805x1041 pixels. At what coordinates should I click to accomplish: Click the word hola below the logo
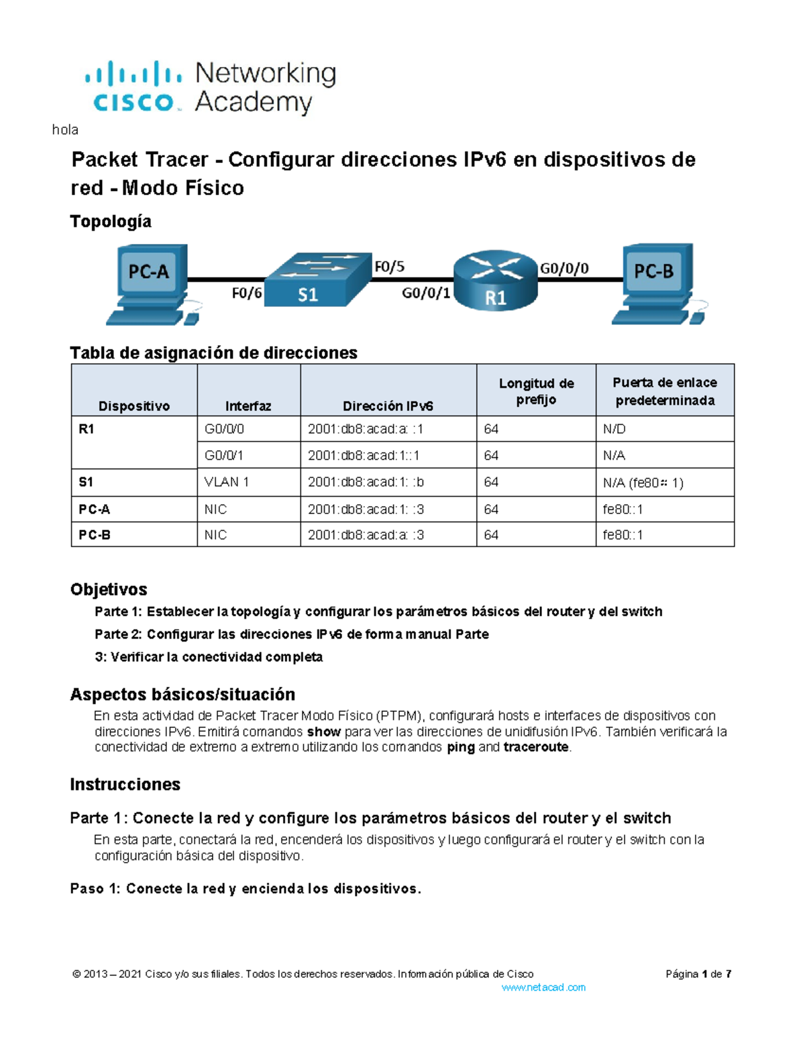pos(65,130)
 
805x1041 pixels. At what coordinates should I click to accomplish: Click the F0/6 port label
pos(247,294)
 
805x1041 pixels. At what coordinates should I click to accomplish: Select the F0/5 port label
pos(389,267)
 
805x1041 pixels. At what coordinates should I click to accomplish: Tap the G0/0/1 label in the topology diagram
pos(426,293)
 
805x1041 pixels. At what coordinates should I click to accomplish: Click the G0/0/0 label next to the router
pos(564,269)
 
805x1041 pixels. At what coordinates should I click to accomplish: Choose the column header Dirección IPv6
pos(388,406)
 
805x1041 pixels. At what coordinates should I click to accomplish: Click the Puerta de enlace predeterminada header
pos(665,391)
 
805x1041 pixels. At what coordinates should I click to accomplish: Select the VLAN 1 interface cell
pos(227,482)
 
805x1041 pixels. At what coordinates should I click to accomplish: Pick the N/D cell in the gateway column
pos(614,429)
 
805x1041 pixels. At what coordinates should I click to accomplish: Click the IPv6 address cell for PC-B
pos(366,535)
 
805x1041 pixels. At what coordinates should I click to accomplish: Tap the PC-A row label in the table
pos(95,509)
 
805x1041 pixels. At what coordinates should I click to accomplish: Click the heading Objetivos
pos(109,589)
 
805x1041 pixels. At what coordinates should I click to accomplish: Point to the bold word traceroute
pos(536,747)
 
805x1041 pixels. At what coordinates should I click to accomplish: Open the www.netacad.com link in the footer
pos(543,987)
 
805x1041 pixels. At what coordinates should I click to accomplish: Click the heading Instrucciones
pos(125,784)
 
